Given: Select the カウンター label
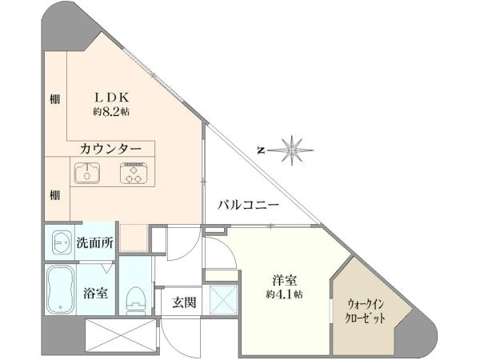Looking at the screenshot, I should click(x=111, y=150).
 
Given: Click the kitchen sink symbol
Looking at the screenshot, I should click(x=86, y=172).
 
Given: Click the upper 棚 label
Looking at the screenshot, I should click(x=54, y=100).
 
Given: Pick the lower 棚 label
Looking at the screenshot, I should click(x=54, y=194).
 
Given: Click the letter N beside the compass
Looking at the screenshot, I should click(x=262, y=149).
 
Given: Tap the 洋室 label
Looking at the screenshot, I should click(x=284, y=280).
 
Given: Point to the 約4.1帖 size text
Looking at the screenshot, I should click(x=284, y=295).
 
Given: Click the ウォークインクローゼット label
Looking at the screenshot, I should click(x=370, y=310).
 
